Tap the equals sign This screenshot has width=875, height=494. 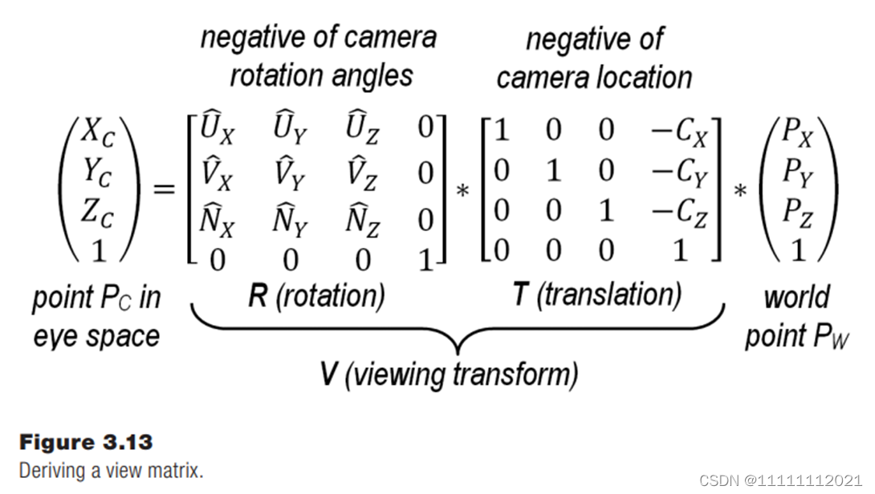pos(164,189)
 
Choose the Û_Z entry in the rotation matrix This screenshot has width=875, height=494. pos(361,130)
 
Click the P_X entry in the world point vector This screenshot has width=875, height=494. pos(797,134)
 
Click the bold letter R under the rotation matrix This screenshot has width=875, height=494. pos(257,296)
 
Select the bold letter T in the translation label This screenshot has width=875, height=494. pos(520,294)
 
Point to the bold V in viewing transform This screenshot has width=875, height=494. pos(328,374)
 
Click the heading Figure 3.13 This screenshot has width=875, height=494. pos(85,442)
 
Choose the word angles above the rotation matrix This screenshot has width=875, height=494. pos(367,76)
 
